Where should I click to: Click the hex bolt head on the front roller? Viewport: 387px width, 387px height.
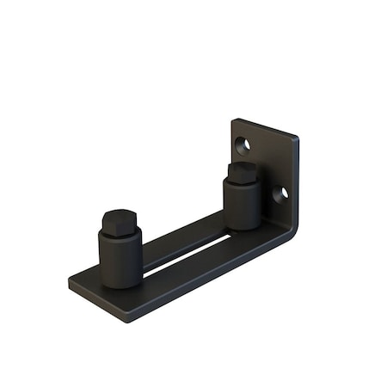[x=120, y=221]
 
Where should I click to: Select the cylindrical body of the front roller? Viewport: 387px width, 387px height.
[x=121, y=258]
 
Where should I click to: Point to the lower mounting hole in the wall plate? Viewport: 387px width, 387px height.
[x=279, y=193]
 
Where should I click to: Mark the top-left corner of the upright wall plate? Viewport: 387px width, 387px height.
[x=234, y=120]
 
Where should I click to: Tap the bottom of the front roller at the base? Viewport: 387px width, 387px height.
[x=121, y=284]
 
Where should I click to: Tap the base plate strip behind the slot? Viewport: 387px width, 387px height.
[x=181, y=237]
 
